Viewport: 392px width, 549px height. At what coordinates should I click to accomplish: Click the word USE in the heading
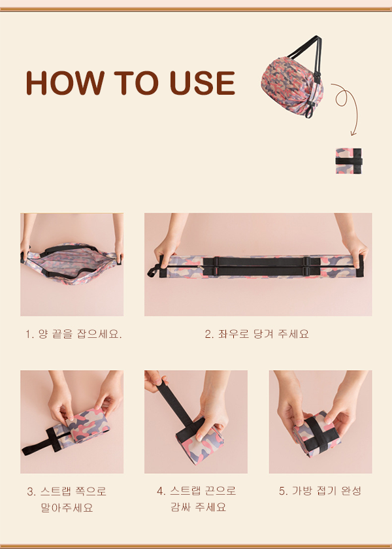(x=203, y=83)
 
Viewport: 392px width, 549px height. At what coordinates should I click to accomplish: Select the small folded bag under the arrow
(x=349, y=161)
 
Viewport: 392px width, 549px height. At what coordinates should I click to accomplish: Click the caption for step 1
(x=73, y=334)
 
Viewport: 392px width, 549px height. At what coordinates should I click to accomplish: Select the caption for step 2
(x=257, y=334)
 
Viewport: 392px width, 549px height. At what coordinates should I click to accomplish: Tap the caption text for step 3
(x=67, y=499)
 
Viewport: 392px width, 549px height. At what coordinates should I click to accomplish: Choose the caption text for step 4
(x=197, y=499)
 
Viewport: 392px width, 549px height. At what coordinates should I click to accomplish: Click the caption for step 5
(x=320, y=491)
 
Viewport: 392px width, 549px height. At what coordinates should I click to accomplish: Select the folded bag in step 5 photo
(x=317, y=434)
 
